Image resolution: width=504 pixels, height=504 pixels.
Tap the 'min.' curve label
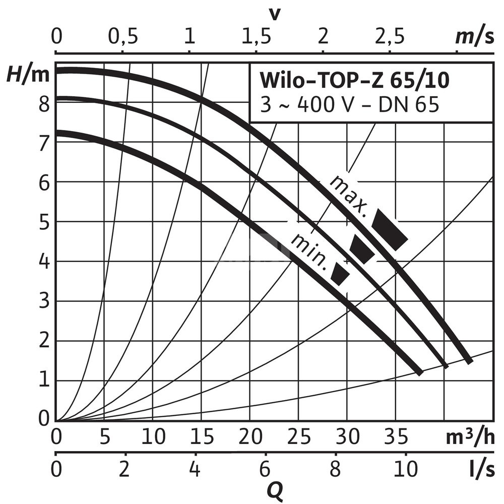coord(309,250)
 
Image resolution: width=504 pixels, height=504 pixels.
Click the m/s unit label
coord(474,37)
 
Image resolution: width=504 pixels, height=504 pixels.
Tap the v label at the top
coord(274,14)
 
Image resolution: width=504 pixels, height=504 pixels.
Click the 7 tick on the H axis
coord(45,144)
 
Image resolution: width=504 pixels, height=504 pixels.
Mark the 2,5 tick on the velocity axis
coord(389,37)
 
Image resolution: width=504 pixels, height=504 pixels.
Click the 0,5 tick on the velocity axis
coord(122,37)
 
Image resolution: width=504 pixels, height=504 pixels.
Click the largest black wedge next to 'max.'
coord(390,230)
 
